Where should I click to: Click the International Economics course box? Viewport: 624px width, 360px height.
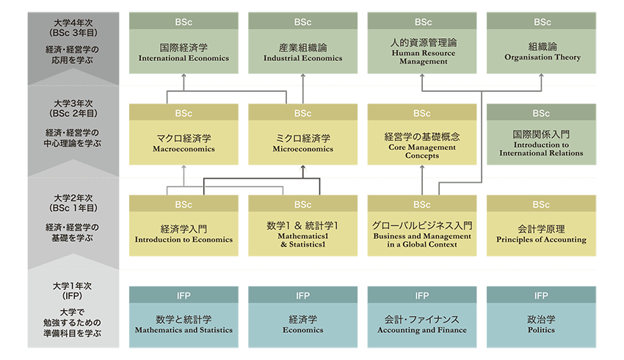click(x=184, y=51)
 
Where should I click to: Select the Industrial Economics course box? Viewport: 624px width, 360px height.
click(x=302, y=51)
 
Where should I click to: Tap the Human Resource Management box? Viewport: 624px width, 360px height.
click(x=422, y=51)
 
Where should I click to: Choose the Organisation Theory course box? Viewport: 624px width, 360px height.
click(x=542, y=51)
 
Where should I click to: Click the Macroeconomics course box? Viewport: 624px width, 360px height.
click(x=184, y=143)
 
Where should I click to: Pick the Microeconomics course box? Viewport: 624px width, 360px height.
click(x=302, y=143)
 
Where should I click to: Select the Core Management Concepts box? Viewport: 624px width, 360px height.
click(x=422, y=143)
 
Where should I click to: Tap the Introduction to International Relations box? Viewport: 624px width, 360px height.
click(x=542, y=143)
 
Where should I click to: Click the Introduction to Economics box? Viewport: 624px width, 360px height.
click(x=184, y=233)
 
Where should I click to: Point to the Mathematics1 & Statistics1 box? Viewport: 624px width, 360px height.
click(x=302, y=233)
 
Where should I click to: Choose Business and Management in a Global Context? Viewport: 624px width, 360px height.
click(x=422, y=233)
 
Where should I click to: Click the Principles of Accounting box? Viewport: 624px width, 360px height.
click(x=542, y=233)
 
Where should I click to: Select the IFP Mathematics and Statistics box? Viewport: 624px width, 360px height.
click(x=184, y=324)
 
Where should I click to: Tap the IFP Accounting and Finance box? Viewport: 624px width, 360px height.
click(x=422, y=324)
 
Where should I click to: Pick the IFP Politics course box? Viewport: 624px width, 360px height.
click(x=542, y=324)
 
